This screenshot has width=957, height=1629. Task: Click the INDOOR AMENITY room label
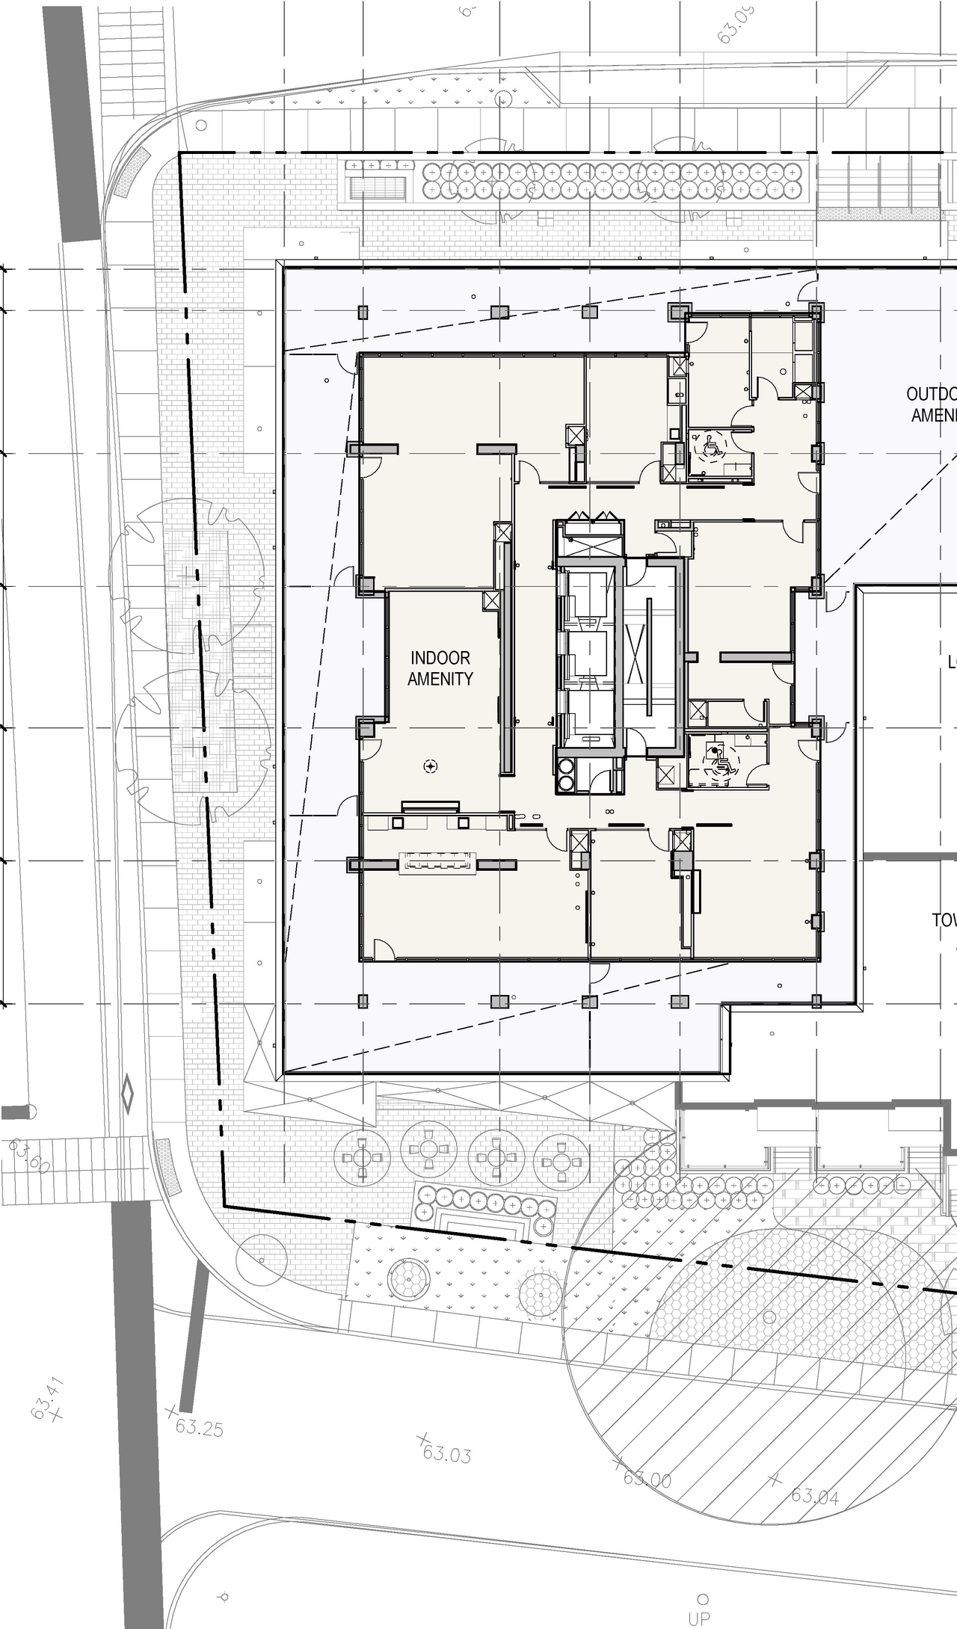440,668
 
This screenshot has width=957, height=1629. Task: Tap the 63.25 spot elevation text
199,1427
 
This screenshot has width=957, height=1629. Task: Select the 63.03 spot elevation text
446,1454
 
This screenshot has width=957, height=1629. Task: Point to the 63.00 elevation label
647,1479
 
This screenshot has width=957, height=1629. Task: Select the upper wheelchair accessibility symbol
710,447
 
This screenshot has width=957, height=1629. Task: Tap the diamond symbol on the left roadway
128,1092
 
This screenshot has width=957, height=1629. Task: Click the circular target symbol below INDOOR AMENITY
430,766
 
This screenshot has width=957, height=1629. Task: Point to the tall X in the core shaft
636,655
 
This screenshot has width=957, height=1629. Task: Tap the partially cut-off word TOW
944,920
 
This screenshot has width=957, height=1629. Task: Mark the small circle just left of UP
223,1597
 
